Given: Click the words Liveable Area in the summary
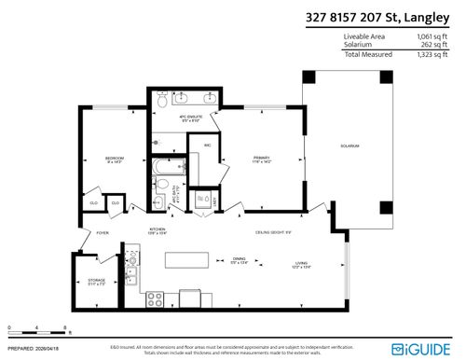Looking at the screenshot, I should pyautogui.click(x=364, y=36).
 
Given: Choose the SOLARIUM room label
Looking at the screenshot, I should pyautogui.click(x=349, y=145).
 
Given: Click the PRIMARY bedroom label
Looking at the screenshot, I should pyautogui.click(x=261, y=159).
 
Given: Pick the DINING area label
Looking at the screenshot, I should pyautogui.click(x=240, y=260).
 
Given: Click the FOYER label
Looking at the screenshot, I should pyautogui.click(x=103, y=233).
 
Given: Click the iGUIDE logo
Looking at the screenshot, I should pyautogui.click(x=432, y=349).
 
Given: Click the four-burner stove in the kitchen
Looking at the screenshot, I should pyautogui.click(x=156, y=298).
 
